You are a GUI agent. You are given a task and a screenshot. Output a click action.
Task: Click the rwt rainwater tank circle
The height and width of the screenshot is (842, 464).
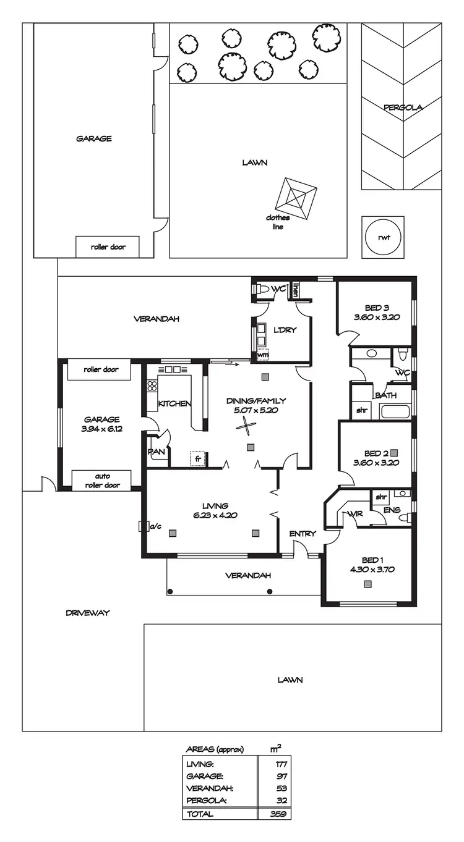[x=383, y=237]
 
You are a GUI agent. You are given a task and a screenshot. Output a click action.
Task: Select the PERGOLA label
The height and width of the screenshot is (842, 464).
[x=402, y=107]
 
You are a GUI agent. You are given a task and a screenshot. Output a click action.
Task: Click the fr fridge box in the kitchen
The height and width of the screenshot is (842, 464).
[x=198, y=459]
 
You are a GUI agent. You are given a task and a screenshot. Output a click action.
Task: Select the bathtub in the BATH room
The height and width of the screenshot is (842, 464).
[x=395, y=412]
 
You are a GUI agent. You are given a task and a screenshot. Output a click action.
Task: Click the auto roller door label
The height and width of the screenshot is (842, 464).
[x=102, y=481]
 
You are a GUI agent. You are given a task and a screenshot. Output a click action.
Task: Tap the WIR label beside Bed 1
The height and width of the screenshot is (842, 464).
[x=355, y=513]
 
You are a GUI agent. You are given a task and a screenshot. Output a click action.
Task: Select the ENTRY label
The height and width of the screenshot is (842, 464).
[x=303, y=534]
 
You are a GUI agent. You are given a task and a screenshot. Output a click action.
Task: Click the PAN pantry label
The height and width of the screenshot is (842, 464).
[x=156, y=452]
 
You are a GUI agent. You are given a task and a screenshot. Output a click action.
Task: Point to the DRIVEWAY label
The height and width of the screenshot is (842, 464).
[x=87, y=613]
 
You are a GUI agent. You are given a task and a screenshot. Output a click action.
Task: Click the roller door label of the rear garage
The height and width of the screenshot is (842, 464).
[x=108, y=247]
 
